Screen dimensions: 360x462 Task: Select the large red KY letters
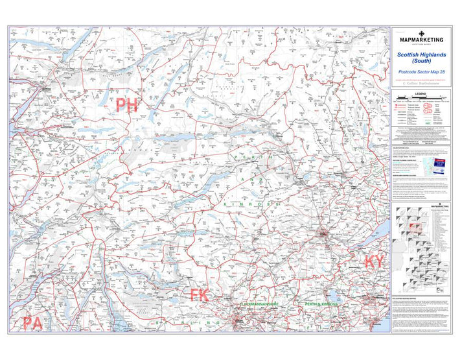pos(374,261)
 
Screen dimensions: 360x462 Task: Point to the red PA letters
pos(34,323)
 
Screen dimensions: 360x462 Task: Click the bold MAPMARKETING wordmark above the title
pos(422,40)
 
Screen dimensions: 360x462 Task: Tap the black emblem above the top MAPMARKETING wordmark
pos(422,32)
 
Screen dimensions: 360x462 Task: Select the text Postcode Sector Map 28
pos(422,70)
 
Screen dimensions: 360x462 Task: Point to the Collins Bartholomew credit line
pos(422,84)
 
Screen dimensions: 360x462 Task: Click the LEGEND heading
pos(422,95)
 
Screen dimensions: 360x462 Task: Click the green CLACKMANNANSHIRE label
pos(259,304)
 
